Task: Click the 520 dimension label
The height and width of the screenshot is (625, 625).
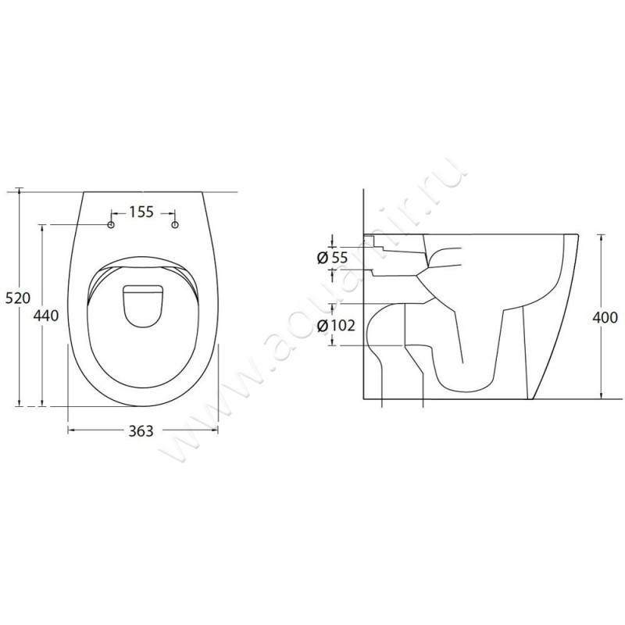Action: pos(17,298)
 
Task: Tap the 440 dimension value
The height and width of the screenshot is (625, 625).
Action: pos(46,316)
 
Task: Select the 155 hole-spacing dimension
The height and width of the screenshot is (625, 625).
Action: pos(141,212)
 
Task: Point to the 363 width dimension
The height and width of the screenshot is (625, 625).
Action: pos(141,431)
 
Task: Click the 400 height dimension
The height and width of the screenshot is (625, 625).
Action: pos(605,318)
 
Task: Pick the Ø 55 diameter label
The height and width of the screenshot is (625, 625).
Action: pos(332,258)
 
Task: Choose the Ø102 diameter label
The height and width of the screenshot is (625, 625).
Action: pos(336,326)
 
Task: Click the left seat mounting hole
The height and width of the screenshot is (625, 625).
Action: pos(111,225)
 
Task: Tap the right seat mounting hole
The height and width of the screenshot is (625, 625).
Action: pos(174,225)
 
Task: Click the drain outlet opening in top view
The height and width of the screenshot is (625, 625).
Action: pos(143,305)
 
